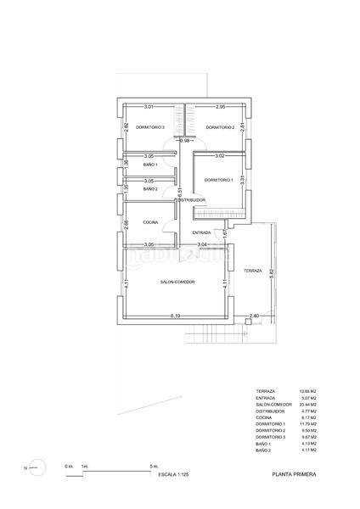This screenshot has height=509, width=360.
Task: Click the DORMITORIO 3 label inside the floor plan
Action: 149,127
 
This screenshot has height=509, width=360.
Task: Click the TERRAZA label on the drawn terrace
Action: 251,271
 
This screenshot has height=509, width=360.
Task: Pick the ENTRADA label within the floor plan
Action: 201,232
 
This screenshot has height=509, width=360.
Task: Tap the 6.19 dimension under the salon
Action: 176,316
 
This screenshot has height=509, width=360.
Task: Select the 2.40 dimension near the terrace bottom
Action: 253,316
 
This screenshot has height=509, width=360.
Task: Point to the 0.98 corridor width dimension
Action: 186,140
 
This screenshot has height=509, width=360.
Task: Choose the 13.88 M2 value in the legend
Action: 308,392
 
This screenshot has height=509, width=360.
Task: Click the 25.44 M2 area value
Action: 308,405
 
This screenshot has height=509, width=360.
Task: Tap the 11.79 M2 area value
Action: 308,423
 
